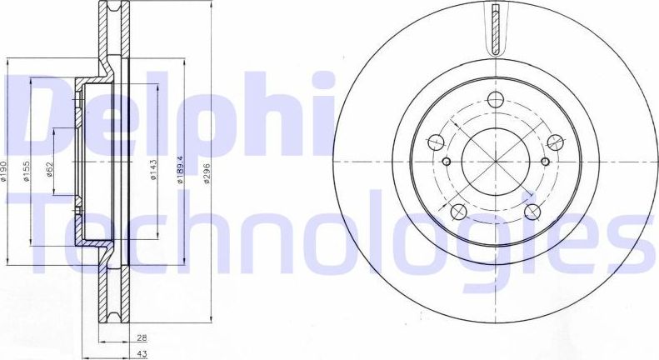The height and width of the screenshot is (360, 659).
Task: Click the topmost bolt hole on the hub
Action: tap(496, 101)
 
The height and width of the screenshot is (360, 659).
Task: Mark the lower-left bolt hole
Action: tap(458, 211)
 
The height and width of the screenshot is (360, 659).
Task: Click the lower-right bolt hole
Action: tap(533, 211)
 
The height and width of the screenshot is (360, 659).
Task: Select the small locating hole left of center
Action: tap(446, 162)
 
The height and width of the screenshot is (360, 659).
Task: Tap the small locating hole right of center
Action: tap(546, 162)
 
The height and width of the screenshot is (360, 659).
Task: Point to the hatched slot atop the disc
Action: tap(496, 28)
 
